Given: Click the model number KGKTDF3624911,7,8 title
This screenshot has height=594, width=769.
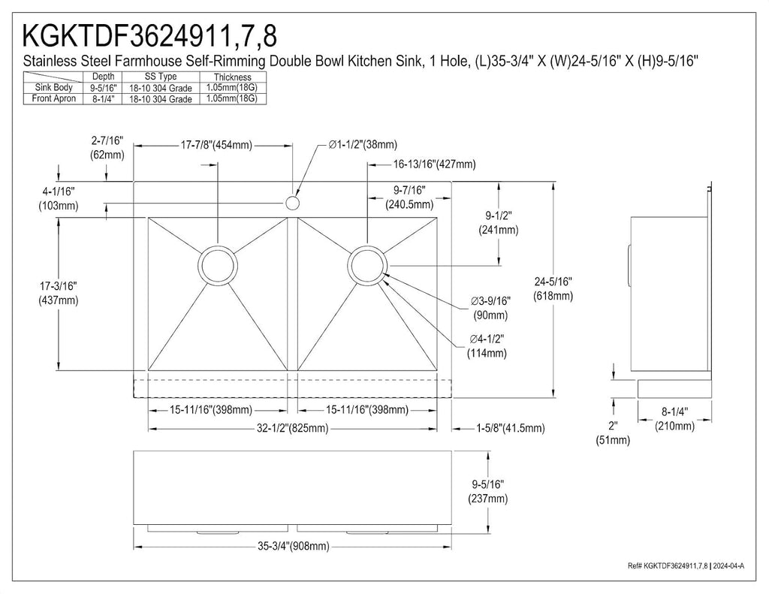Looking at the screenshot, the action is tap(150, 35).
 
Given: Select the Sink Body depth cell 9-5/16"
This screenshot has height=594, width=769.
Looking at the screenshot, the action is tap(103, 88).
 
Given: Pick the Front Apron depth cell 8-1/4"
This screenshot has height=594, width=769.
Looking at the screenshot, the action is tap(103, 98).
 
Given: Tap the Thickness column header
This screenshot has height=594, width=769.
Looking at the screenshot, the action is tap(233, 77).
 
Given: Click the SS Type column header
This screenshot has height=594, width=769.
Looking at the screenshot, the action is tap(161, 77).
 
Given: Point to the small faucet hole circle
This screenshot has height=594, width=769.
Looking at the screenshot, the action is tap(292, 202).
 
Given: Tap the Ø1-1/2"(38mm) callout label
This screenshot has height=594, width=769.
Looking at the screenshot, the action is tap(363, 145).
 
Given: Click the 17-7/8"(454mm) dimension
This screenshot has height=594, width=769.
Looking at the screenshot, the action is tap(216, 145).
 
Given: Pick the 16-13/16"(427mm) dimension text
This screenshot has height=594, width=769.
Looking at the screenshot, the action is tap(435, 164).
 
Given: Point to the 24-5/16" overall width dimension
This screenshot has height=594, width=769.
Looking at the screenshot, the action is tap(553, 288).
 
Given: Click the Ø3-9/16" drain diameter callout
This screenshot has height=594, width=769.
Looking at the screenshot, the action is tap(490, 308).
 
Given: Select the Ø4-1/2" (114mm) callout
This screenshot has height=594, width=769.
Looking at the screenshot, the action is tap(487, 345).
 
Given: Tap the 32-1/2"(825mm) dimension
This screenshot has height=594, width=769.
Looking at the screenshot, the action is tap(293, 428).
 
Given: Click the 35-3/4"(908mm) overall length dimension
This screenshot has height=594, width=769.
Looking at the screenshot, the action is tap(294, 546).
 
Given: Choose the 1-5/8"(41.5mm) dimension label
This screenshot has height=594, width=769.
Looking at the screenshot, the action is tap(511, 428).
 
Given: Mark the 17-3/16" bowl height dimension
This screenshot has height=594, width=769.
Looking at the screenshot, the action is tap(59, 293).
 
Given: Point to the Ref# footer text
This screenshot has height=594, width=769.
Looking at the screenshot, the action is tap(686, 566).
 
